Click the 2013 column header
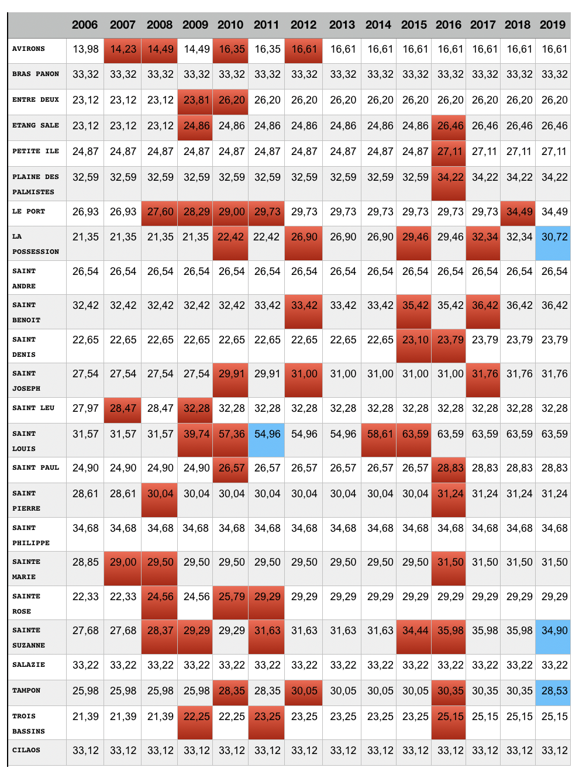point(342,25)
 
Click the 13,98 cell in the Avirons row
point(85,49)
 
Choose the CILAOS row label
point(26,750)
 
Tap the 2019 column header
point(553,25)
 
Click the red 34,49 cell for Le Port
point(519,212)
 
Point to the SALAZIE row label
point(29,665)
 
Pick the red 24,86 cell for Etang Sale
point(196,126)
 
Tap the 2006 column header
point(85,25)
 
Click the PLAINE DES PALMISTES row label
point(35,184)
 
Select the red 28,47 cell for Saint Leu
point(123,408)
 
